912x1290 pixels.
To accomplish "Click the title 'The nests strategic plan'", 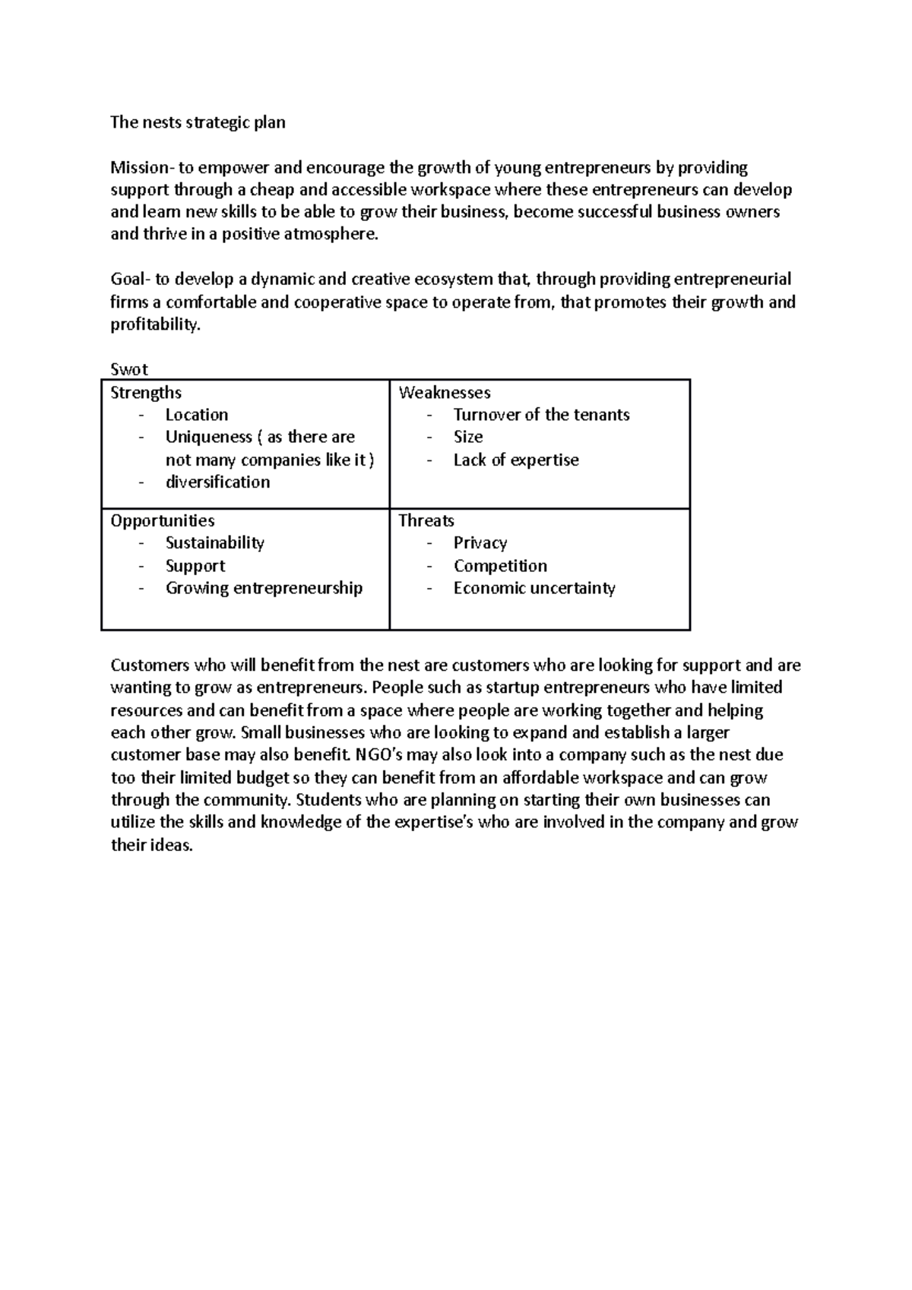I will [x=198, y=122].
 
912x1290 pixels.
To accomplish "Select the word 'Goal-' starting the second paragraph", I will [x=130, y=280].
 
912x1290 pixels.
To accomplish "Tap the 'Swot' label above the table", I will [x=128, y=369].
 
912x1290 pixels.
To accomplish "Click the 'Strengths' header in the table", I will [x=146, y=393].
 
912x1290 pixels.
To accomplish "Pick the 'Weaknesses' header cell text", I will [x=445, y=393].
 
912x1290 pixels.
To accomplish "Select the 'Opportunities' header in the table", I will [x=163, y=520].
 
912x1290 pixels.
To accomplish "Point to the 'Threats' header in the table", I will [x=426, y=520].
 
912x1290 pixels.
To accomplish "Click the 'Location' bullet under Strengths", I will [x=197, y=415].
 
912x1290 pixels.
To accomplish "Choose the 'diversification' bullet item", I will [x=217, y=482].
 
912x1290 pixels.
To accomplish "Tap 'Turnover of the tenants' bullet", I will [x=541, y=415].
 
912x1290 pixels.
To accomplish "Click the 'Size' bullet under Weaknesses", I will [x=468, y=437].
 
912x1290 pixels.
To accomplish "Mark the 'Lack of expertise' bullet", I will [x=516, y=460].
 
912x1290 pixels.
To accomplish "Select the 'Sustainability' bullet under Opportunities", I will [x=215, y=542].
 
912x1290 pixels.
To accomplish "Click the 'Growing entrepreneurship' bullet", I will [x=264, y=588].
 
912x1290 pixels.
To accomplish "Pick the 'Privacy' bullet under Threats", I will [x=480, y=542].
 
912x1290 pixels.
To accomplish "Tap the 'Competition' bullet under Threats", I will [x=500, y=566].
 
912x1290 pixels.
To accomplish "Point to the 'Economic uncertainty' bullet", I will [x=534, y=588].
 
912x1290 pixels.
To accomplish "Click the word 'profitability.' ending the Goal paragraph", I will [x=156, y=325].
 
